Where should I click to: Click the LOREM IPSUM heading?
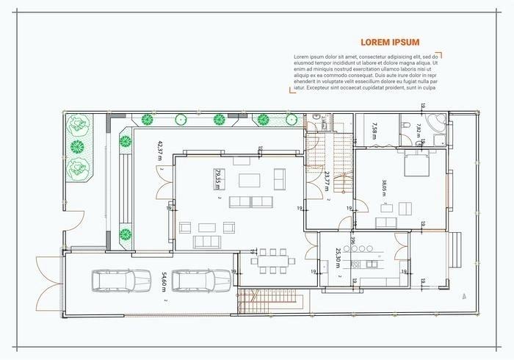pyautogui.click(x=390, y=43)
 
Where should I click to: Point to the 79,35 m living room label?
pyautogui.click(x=217, y=179)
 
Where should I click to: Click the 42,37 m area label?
pyautogui.click(x=160, y=151)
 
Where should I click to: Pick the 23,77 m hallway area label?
pyautogui.click(x=327, y=181)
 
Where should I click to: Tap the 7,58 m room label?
pyautogui.click(x=374, y=130)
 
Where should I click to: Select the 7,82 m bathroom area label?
pyautogui.click(x=419, y=131)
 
